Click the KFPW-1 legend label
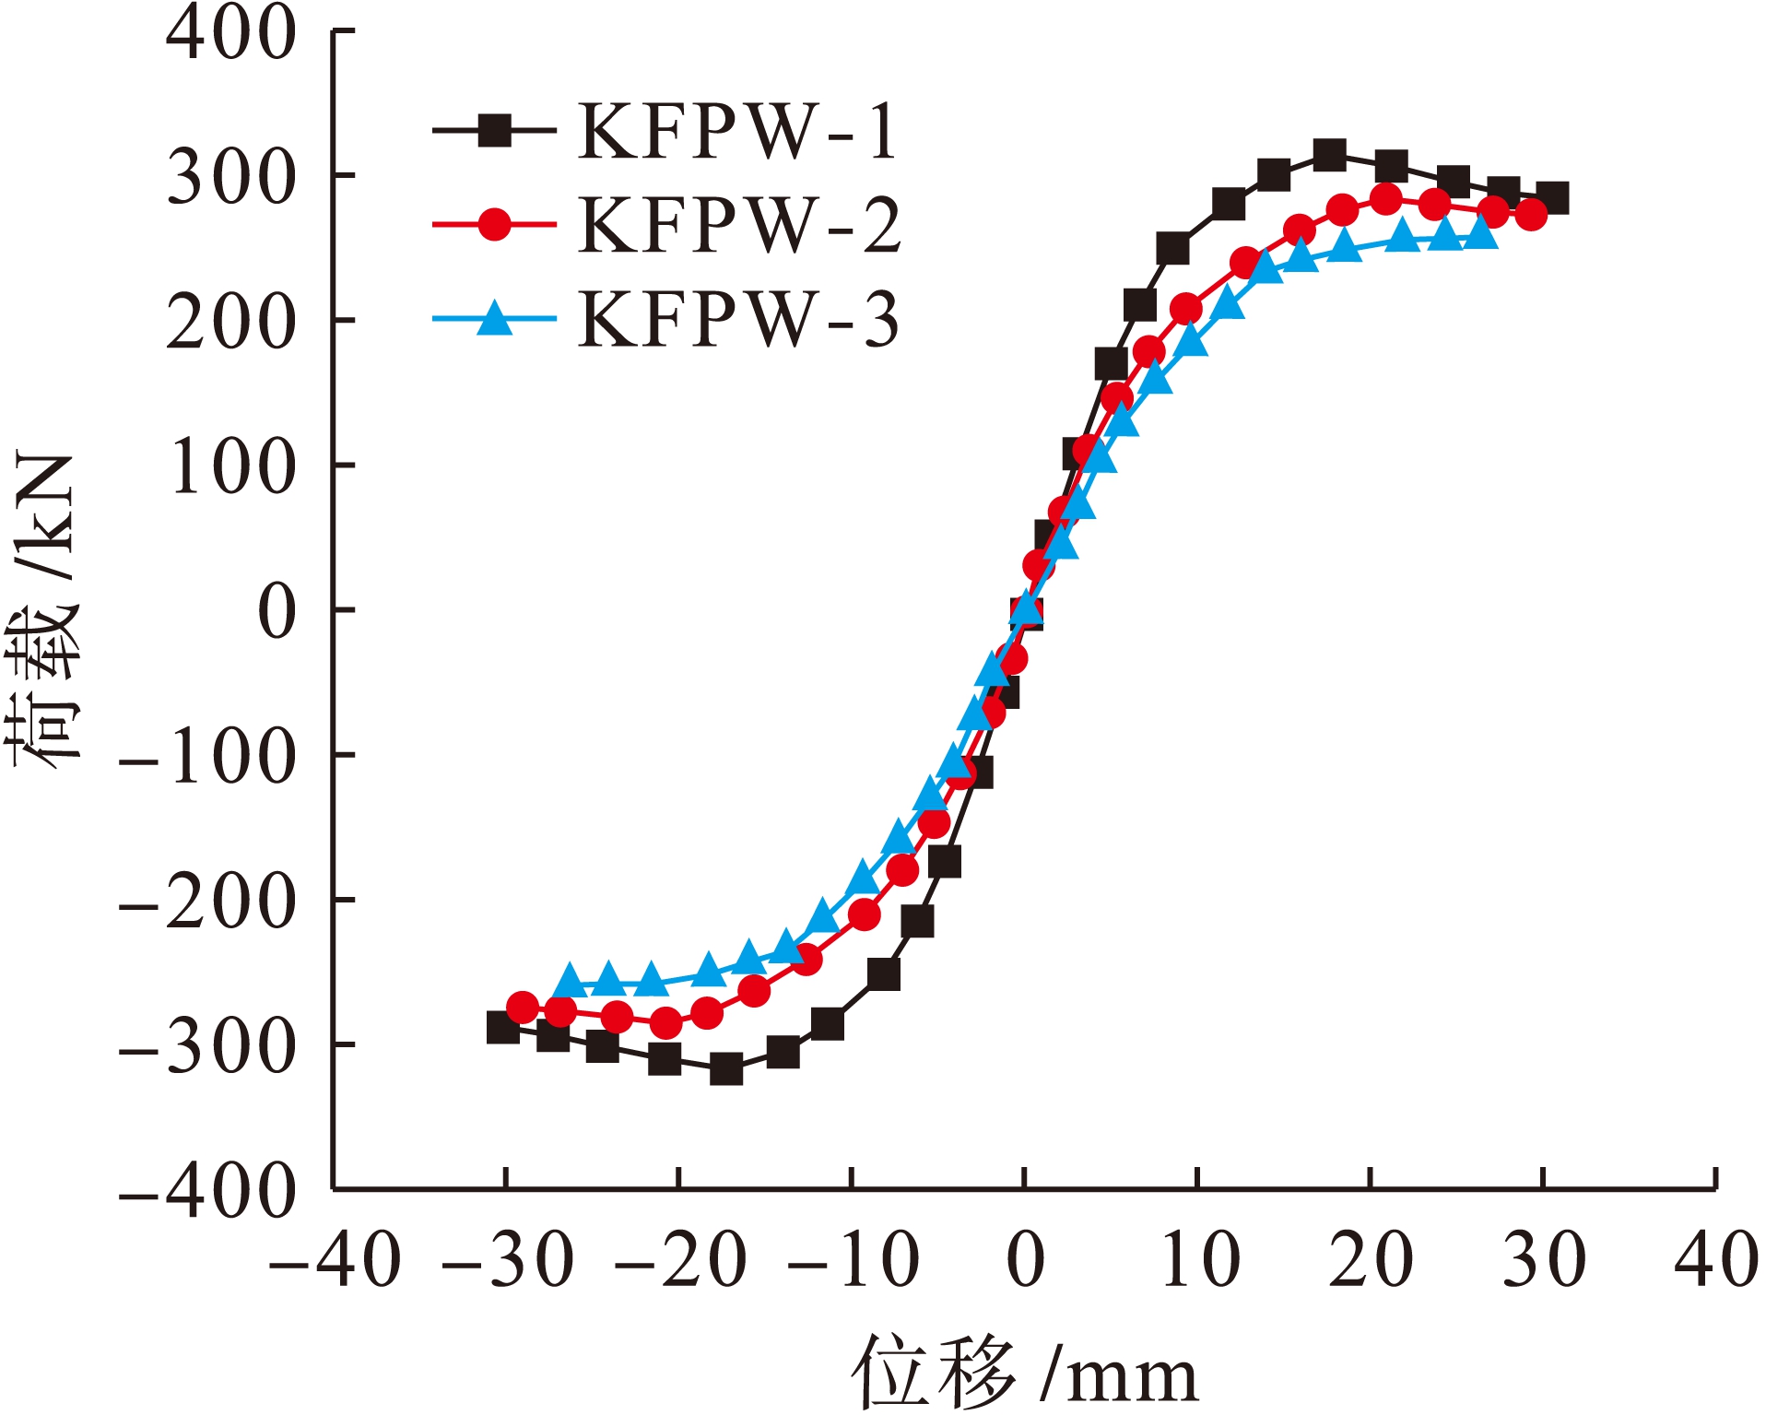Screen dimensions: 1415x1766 tap(737, 132)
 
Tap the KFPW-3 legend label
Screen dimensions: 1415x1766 tap(737, 320)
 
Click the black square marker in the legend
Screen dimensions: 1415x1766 tap(495, 131)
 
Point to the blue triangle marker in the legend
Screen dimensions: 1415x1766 tap(495, 318)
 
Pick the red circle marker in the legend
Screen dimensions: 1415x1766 tap(495, 224)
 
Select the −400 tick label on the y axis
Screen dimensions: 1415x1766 tap(208, 1191)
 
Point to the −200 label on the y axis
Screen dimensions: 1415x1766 tap(208, 902)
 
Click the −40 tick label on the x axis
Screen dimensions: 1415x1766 tap(335, 1260)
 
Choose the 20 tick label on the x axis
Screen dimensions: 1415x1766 tap(1371, 1260)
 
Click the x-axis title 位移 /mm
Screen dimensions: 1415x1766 tap(1024, 1374)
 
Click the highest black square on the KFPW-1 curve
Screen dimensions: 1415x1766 tap(1329, 155)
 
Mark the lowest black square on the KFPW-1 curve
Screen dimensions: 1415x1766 tap(726, 1068)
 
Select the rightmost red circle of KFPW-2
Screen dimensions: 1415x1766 tap(1531, 216)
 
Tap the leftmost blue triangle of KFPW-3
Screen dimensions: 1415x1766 tap(570, 982)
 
